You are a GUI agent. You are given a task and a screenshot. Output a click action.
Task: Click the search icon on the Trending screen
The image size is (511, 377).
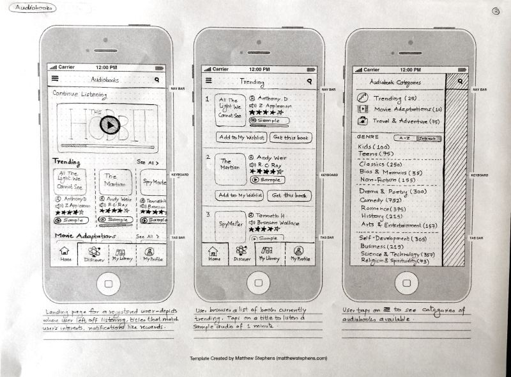[309, 81]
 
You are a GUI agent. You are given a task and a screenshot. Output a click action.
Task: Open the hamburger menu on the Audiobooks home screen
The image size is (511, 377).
[55, 79]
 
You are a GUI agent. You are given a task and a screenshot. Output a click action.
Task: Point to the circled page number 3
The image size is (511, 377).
[496, 10]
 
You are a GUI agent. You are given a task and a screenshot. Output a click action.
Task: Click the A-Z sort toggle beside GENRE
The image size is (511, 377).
[404, 138]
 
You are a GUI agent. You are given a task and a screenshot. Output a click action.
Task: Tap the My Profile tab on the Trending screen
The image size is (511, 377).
[300, 253]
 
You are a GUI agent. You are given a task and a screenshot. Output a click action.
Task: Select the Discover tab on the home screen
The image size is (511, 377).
[93, 255]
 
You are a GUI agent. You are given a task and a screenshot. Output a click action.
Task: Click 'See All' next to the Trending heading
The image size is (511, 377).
[147, 163]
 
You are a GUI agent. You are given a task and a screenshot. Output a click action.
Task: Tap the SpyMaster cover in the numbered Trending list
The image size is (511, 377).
[229, 225]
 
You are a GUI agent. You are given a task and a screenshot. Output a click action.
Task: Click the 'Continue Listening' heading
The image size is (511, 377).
[80, 94]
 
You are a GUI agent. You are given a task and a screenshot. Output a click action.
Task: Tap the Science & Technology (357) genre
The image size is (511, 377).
[397, 253]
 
